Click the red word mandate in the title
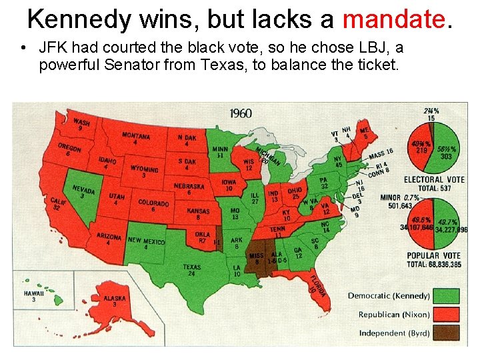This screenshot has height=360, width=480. pos(392,19)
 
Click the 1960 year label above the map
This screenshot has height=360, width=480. pos(240,113)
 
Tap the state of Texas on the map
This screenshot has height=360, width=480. pos(193,267)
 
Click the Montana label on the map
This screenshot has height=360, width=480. pos(135,138)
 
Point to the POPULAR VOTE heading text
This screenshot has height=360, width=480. pos(433,255)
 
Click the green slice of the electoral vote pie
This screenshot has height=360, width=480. pos(447,150)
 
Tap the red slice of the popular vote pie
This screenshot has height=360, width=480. pos(421,227)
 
